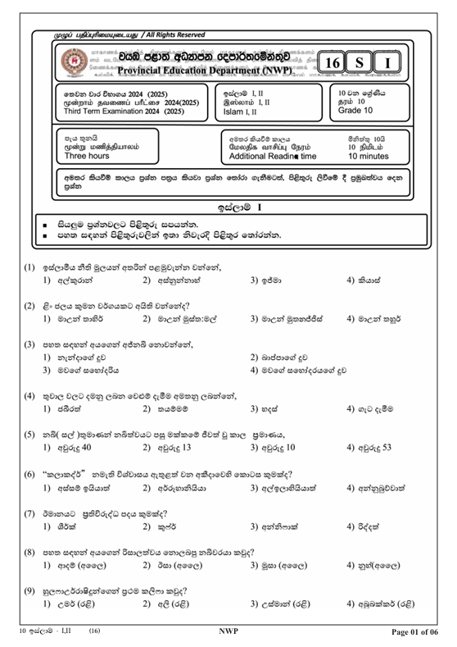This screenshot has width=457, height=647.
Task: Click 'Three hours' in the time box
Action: pyautogui.click(x=88, y=154)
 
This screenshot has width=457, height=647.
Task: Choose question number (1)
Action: pyautogui.click(x=29, y=268)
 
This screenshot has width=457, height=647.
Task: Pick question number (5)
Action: pyautogui.click(x=29, y=434)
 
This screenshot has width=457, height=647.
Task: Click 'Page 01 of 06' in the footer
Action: pyautogui.click(x=416, y=631)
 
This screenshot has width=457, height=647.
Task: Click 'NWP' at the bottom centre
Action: pyautogui.click(x=228, y=631)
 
